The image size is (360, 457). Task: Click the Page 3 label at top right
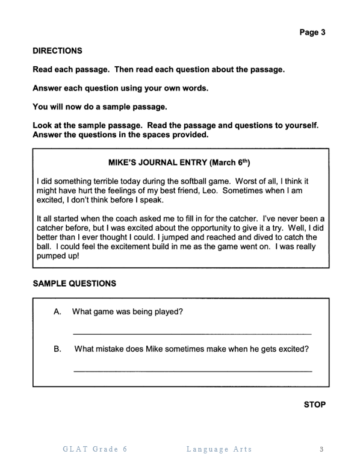click(x=312, y=33)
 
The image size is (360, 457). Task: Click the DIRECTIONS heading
click(x=57, y=51)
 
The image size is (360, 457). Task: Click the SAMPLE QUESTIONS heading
click(x=75, y=283)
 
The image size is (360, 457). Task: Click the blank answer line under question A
click(x=192, y=333)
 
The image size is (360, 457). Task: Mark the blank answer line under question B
click(x=192, y=370)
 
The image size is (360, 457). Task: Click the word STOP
click(x=314, y=405)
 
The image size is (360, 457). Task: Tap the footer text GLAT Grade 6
click(x=95, y=449)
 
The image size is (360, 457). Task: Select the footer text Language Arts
click(x=219, y=449)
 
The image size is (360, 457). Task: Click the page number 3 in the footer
click(x=322, y=449)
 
